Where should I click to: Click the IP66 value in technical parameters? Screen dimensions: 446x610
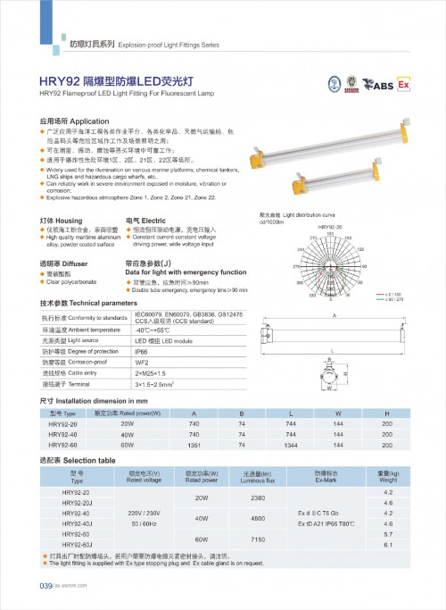[143, 377]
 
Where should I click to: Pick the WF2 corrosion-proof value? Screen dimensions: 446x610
[143, 389]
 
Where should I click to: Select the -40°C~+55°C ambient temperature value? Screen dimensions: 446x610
[156, 355]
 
